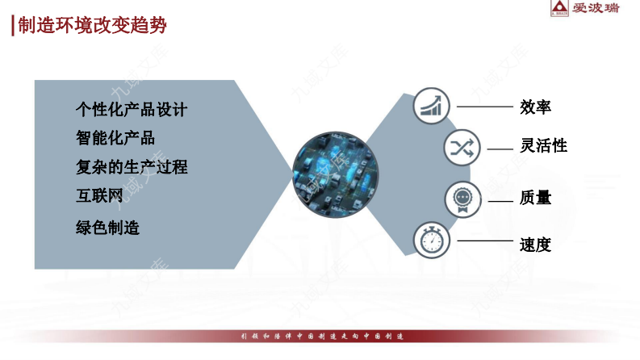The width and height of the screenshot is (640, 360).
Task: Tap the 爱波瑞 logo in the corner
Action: point(584,9)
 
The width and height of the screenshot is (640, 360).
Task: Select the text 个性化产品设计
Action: point(132,109)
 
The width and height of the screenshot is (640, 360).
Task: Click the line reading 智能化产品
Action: point(115,138)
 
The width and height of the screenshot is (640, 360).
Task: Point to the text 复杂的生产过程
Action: point(132,167)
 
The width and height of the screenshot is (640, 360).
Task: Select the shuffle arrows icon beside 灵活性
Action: point(462,147)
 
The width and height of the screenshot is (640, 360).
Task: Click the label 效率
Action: point(536,107)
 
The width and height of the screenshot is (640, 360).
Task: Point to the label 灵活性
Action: point(544,146)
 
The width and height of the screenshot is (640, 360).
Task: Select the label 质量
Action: point(536,198)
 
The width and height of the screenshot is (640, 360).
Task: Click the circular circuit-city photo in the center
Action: point(328,179)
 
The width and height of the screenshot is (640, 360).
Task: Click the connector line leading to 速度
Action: point(484,241)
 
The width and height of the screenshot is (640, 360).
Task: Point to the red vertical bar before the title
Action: point(13,26)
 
